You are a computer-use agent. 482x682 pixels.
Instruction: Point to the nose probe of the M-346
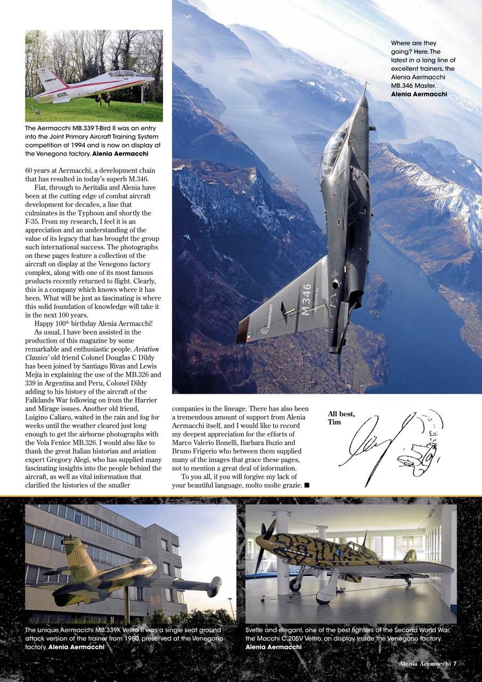tap(365, 87)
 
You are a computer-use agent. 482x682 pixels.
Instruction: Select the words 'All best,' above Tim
tap(341, 414)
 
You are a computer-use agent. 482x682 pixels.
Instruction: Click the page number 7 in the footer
tap(455, 663)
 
